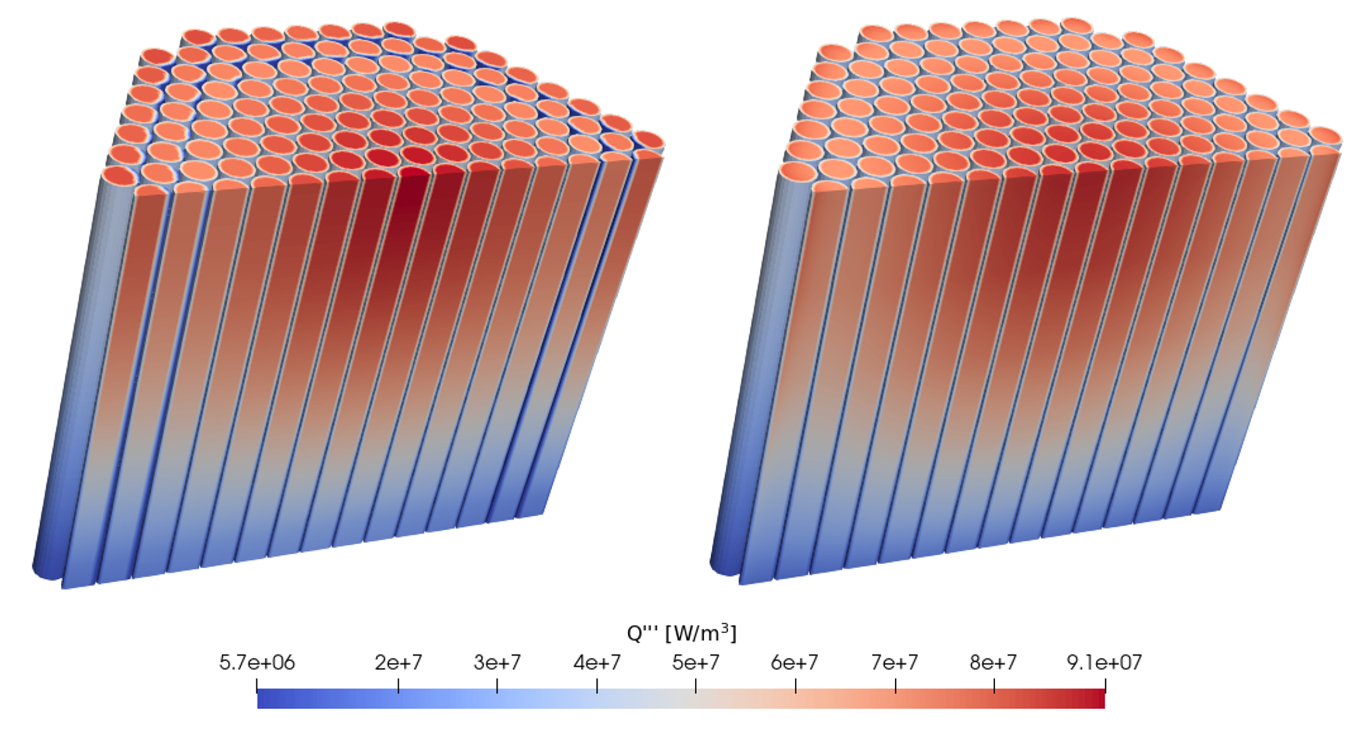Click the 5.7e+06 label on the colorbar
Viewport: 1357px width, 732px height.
click(257, 662)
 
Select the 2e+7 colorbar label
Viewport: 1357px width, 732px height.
click(398, 662)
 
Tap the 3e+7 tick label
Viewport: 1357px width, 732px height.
click(497, 662)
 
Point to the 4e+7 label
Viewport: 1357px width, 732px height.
click(597, 662)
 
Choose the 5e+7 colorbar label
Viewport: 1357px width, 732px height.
click(695, 662)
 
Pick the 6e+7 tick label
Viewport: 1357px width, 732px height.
click(795, 662)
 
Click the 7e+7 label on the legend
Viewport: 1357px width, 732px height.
click(895, 662)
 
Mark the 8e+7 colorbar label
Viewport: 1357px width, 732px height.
click(993, 662)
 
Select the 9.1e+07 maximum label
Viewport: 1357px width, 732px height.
click(1104, 662)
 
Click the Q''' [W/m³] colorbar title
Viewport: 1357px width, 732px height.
click(681, 633)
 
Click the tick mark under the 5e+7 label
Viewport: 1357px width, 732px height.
click(695, 686)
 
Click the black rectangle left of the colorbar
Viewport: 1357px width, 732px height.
click(101, 670)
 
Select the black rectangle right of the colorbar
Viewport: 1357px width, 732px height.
click(1255, 670)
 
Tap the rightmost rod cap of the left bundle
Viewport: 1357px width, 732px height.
click(649, 140)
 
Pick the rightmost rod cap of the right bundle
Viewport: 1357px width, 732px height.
click(1325, 136)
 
